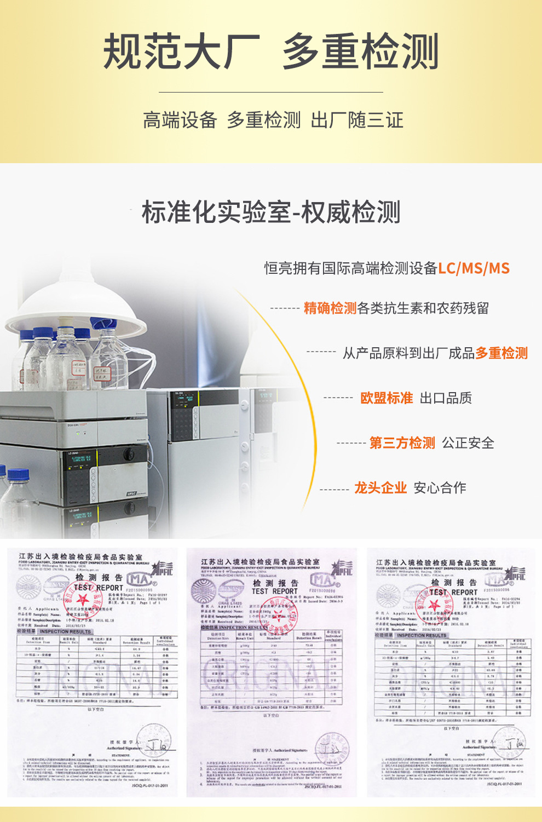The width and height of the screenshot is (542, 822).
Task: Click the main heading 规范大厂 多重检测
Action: click(x=271, y=51)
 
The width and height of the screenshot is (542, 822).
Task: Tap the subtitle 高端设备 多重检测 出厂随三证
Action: click(x=273, y=120)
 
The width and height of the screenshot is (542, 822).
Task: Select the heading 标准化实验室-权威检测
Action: click(x=271, y=212)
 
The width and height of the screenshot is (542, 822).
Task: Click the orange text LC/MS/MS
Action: click(x=474, y=268)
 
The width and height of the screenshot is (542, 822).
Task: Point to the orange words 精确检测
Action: click(x=330, y=308)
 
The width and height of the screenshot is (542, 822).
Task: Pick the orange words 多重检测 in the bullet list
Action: click(x=501, y=353)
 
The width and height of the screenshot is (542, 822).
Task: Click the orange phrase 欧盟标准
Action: click(x=387, y=398)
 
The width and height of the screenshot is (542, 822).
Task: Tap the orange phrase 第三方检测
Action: click(x=402, y=443)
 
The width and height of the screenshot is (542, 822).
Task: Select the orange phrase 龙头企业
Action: click(x=380, y=488)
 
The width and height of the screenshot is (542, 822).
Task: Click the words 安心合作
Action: click(x=440, y=488)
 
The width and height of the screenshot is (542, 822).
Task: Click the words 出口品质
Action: click(x=446, y=398)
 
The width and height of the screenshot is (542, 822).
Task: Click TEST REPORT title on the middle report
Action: click(x=274, y=591)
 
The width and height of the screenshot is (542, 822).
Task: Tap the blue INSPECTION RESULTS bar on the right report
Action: click(x=422, y=635)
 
